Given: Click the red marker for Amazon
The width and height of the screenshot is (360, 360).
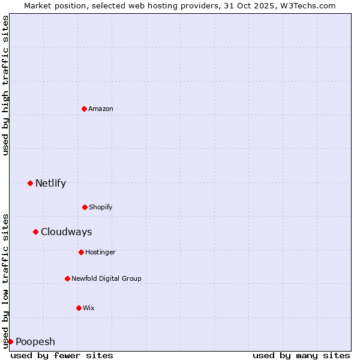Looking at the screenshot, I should click(84, 109).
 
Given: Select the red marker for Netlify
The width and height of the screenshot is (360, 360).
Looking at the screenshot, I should click(30, 183).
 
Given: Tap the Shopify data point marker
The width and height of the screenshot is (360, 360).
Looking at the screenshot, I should click(85, 207).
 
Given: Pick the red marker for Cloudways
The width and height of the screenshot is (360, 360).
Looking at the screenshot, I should click(35, 232).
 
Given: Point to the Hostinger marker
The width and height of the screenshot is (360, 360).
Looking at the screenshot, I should click(81, 252).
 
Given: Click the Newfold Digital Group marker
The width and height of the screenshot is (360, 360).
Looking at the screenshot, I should click(67, 278).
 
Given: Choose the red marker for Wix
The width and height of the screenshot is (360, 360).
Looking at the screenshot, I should click(79, 308).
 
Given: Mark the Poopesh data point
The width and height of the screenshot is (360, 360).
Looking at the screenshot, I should click(10, 341).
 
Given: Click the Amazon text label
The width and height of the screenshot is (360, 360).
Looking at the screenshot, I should click(101, 109).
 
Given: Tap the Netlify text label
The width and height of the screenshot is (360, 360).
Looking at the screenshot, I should click(50, 184).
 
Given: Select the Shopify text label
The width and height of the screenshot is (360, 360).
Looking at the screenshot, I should click(101, 207).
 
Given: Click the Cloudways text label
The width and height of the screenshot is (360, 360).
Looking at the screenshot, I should click(66, 232).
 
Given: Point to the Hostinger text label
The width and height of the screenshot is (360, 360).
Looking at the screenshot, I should click(100, 252).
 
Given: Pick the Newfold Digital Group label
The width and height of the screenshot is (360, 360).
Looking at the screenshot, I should click(106, 278).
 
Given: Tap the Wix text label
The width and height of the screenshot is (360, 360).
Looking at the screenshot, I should click(89, 308).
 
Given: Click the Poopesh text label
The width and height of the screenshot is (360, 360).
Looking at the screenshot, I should click(35, 342).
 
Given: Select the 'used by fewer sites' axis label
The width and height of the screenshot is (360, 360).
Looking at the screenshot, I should click(62, 355).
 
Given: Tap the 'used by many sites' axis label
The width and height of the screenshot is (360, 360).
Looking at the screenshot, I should click(301, 355).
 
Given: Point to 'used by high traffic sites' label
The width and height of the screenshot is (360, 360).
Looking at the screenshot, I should click(5, 85).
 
